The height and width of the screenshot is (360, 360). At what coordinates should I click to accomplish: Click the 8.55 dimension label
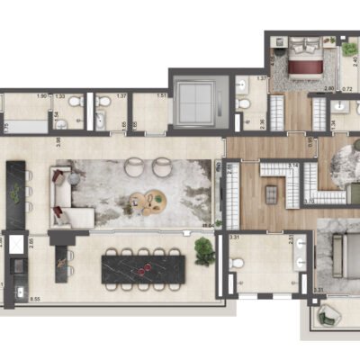[x=36, y=297]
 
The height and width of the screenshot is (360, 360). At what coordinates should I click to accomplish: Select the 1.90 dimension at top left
[x=41, y=95]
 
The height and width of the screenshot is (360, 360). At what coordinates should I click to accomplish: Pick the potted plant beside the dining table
[x=205, y=253]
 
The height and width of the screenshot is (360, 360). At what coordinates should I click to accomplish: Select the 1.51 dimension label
[x=162, y=95]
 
